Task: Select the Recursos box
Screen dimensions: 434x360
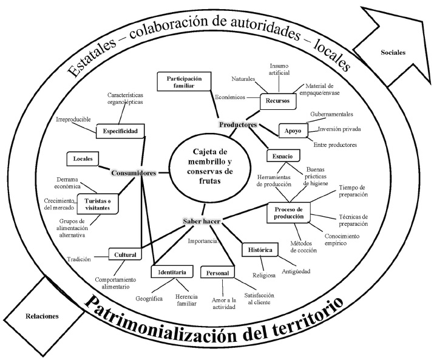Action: [x=275, y=101]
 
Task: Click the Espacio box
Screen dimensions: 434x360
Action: [x=282, y=156]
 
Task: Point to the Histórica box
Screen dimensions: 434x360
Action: [x=260, y=250]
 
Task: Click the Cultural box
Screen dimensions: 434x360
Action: [x=126, y=254]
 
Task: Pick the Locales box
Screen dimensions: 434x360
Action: [x=83, y=159]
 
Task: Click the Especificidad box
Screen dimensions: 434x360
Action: [x=120, y=131]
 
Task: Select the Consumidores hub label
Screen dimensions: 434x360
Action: [x=134, y=173]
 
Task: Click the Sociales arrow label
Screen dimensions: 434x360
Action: [x=393, y=52]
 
